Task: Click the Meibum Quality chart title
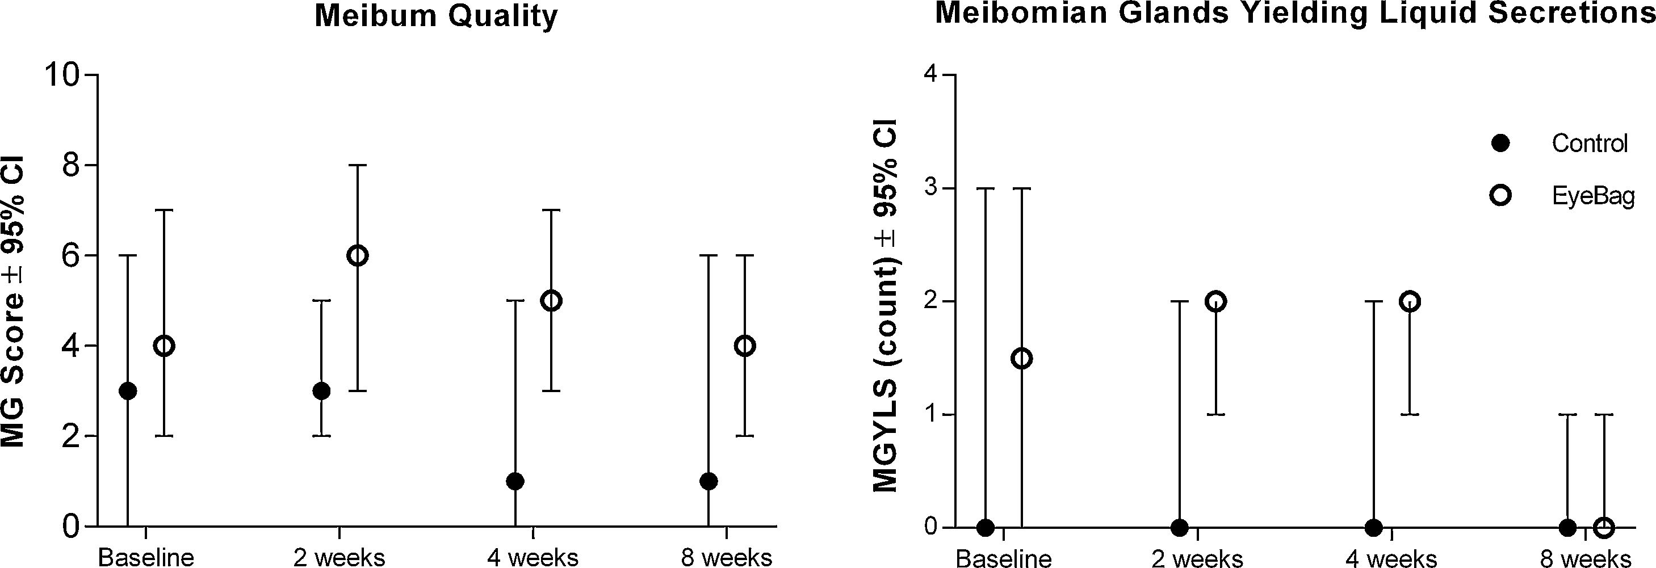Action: [x=436, y=15]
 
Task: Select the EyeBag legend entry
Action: [x=1592, y=196]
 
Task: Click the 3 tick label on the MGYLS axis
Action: [x=931, y=188]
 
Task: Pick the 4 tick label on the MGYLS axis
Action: [x=931, y=75]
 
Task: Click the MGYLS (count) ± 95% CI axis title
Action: [x=886, y=305]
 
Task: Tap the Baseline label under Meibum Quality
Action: [x=146, y=557]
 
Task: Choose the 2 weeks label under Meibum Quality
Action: [x=339, y=557]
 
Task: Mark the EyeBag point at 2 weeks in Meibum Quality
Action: [x=358, y=256]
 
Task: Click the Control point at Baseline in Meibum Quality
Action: [x=128, y=390]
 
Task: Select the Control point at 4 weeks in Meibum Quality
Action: [x=515, y=481]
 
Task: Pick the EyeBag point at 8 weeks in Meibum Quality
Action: [x=745, y=346]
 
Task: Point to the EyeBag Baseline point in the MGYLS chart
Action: [x=1021, y=358]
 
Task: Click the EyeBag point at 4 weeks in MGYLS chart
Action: [x=1410, y=301]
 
